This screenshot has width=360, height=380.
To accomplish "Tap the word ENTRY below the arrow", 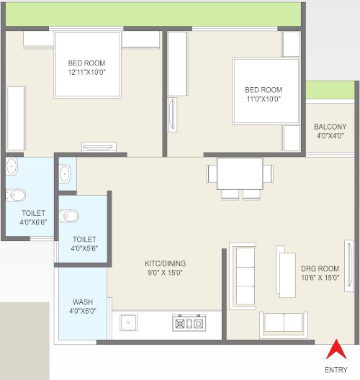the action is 336,370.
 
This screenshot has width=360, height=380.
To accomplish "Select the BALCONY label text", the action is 330,127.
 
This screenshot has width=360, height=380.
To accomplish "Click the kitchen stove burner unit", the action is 189,323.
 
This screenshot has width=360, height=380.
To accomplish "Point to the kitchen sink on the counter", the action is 128,322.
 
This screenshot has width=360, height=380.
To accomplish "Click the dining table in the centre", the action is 240,173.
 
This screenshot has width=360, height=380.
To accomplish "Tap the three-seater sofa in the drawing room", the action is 243,276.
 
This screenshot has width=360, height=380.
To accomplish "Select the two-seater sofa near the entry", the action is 284,325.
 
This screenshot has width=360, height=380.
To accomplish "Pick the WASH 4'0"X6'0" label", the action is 83,307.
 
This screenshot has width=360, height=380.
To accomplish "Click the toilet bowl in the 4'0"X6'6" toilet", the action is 16,195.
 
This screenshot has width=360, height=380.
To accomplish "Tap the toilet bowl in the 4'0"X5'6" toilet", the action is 69,216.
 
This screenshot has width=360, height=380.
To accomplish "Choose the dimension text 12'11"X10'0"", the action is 87,72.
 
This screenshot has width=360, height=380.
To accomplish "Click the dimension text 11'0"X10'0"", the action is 264,99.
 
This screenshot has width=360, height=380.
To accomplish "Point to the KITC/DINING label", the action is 166,263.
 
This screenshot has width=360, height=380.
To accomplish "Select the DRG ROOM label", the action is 320,268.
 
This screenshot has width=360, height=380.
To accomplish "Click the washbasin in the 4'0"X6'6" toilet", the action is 12,166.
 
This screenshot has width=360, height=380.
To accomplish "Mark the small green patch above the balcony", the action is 330,90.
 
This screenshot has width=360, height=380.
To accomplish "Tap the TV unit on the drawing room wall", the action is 349,266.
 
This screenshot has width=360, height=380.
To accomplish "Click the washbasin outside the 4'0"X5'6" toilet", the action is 65,173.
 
